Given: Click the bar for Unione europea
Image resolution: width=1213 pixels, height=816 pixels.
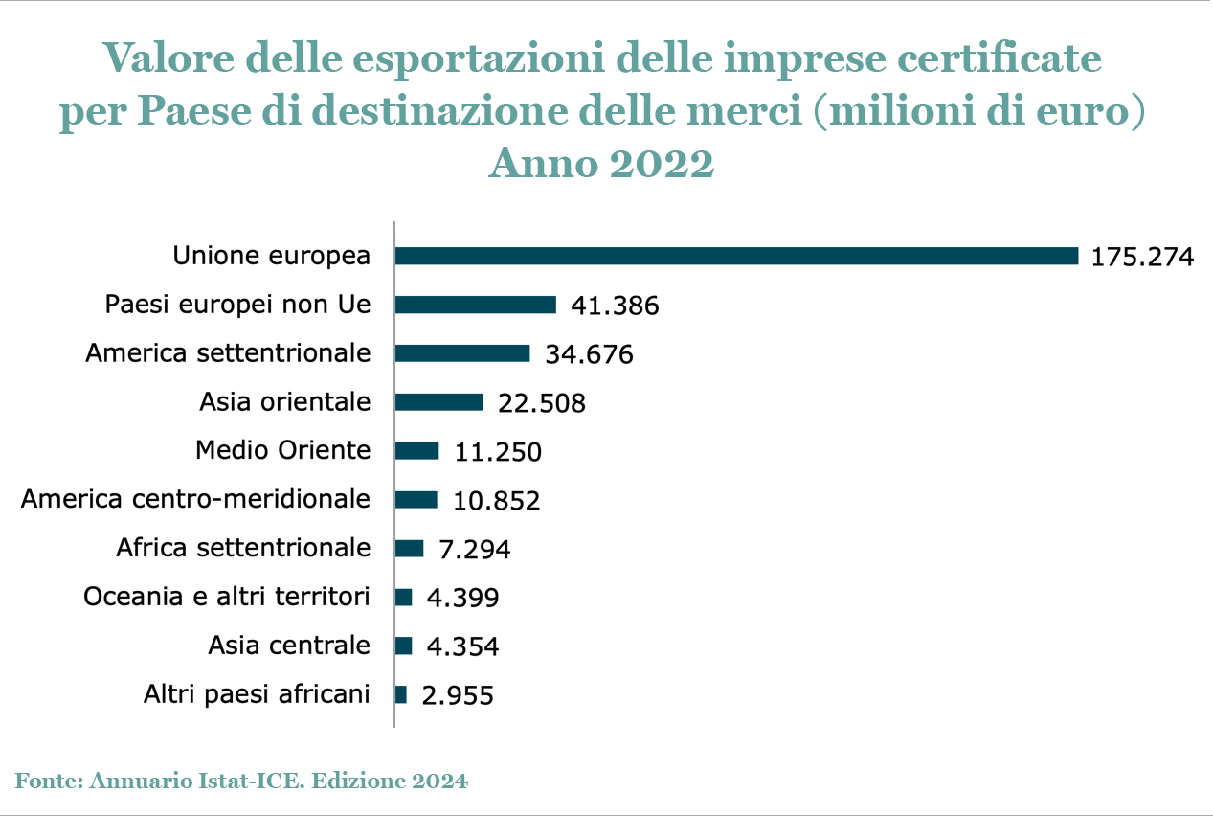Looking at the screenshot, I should (x=736, y=256).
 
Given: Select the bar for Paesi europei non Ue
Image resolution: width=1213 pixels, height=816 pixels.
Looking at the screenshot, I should (x=475, y=305).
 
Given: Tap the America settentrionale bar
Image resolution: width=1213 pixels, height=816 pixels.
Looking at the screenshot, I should (x=462, y=353).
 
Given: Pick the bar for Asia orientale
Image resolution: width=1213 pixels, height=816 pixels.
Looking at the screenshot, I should (x=438, y=402).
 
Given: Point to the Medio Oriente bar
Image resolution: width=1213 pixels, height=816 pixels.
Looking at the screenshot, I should (x=416, y=450).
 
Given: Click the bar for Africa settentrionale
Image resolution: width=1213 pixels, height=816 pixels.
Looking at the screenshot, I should (x=409, y=548).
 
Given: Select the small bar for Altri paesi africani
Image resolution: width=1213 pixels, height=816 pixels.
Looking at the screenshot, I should (x=401, y=694).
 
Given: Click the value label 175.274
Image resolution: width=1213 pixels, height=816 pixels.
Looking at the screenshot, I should (x=1142, y=257).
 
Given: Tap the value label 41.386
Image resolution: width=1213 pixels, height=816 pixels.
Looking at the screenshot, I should (x=615, y=306).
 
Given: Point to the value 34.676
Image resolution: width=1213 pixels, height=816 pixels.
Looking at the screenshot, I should (x=589, y=354).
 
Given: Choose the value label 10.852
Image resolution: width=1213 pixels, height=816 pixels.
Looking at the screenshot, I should (x=496, y=500).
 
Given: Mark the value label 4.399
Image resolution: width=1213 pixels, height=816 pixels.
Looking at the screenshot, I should (x=463, y=598).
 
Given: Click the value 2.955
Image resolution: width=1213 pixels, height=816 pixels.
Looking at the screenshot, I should (x=458, y=695).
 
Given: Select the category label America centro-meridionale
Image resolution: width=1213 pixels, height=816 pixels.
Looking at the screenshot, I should (x=196, y=499).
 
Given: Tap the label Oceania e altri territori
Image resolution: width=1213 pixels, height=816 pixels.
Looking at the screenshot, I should (x=227, y=597).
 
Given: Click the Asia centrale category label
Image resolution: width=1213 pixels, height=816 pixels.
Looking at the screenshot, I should (x=289, y=646).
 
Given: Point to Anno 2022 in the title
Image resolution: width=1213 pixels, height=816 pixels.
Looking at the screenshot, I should (x=601, y=164).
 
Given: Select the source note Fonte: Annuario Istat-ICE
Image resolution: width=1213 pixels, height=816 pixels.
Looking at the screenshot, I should (x=242, y=781).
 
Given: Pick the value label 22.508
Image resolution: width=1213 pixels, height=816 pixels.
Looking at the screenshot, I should (x=542, y=403).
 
